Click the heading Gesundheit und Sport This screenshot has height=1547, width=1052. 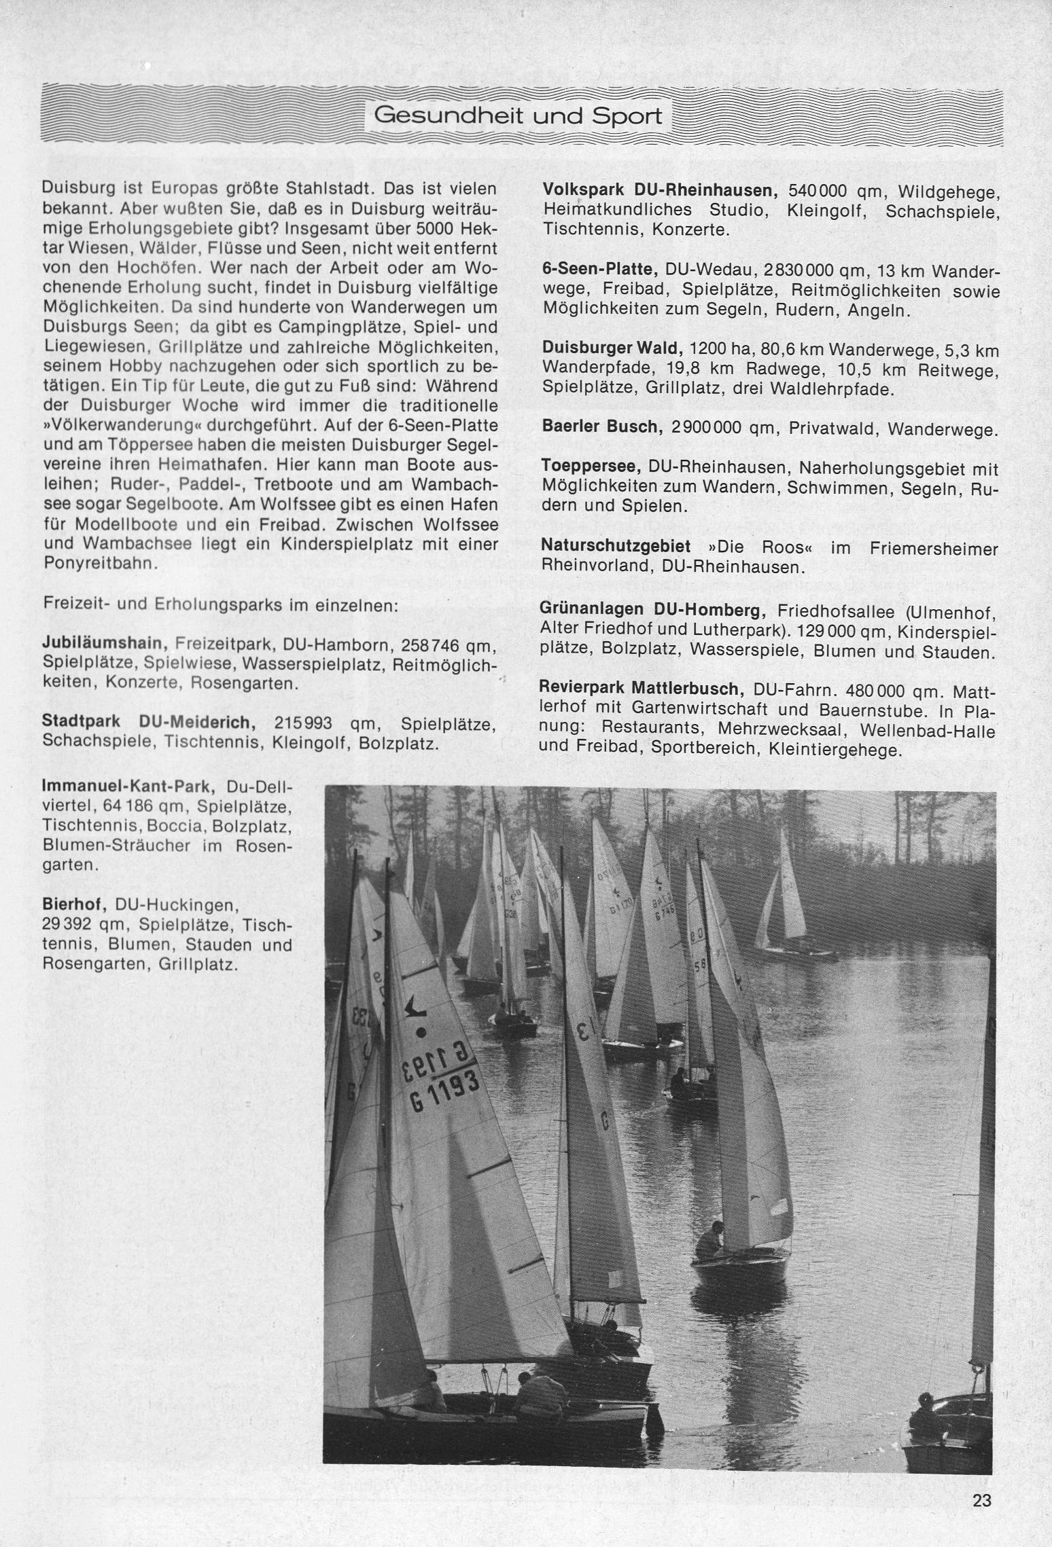point(518,116)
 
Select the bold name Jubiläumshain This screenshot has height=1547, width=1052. point(105,642)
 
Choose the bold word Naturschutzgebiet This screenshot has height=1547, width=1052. point(616,547)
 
